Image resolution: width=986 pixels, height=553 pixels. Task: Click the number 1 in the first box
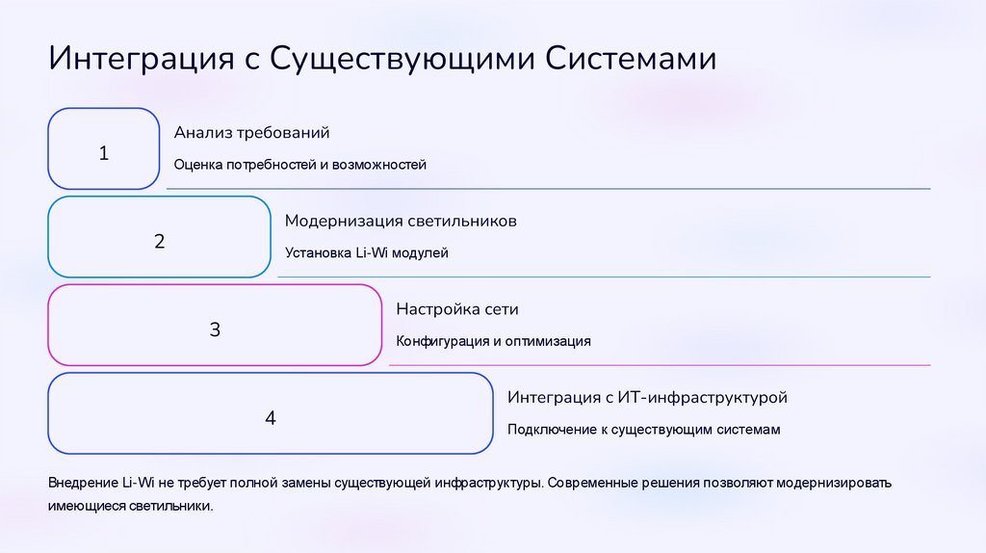click(x=104, y=153)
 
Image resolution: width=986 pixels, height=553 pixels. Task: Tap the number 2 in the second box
click(x=160, y=241)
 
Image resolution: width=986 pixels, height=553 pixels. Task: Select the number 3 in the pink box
click(x=215, y=329)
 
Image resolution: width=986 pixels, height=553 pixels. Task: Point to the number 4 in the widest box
click(x=271, y=418)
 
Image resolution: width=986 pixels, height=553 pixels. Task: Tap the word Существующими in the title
click(x=402, y=58)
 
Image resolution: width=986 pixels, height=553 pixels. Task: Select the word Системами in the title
click(x=632, y=58)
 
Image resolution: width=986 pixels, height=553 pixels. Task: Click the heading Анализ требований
click(x=251, y=132)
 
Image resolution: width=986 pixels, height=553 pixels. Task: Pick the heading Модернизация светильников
click(x=401, y=221)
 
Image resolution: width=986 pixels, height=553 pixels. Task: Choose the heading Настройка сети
click(x=457, y=309)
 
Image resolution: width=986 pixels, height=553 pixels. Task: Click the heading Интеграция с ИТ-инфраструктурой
click(x=648, y=397)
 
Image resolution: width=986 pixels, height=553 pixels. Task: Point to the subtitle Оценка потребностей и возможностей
click(x=299, y=165)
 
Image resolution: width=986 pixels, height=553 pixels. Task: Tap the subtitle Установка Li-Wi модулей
click(x=367, y=253)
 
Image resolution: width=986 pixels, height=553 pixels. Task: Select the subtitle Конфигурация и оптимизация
click(x=493, y=341)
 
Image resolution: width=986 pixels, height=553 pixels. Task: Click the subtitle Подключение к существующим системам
click(x=643, y=430)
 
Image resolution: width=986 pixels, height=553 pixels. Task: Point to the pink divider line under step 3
click(x=660, y=365)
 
